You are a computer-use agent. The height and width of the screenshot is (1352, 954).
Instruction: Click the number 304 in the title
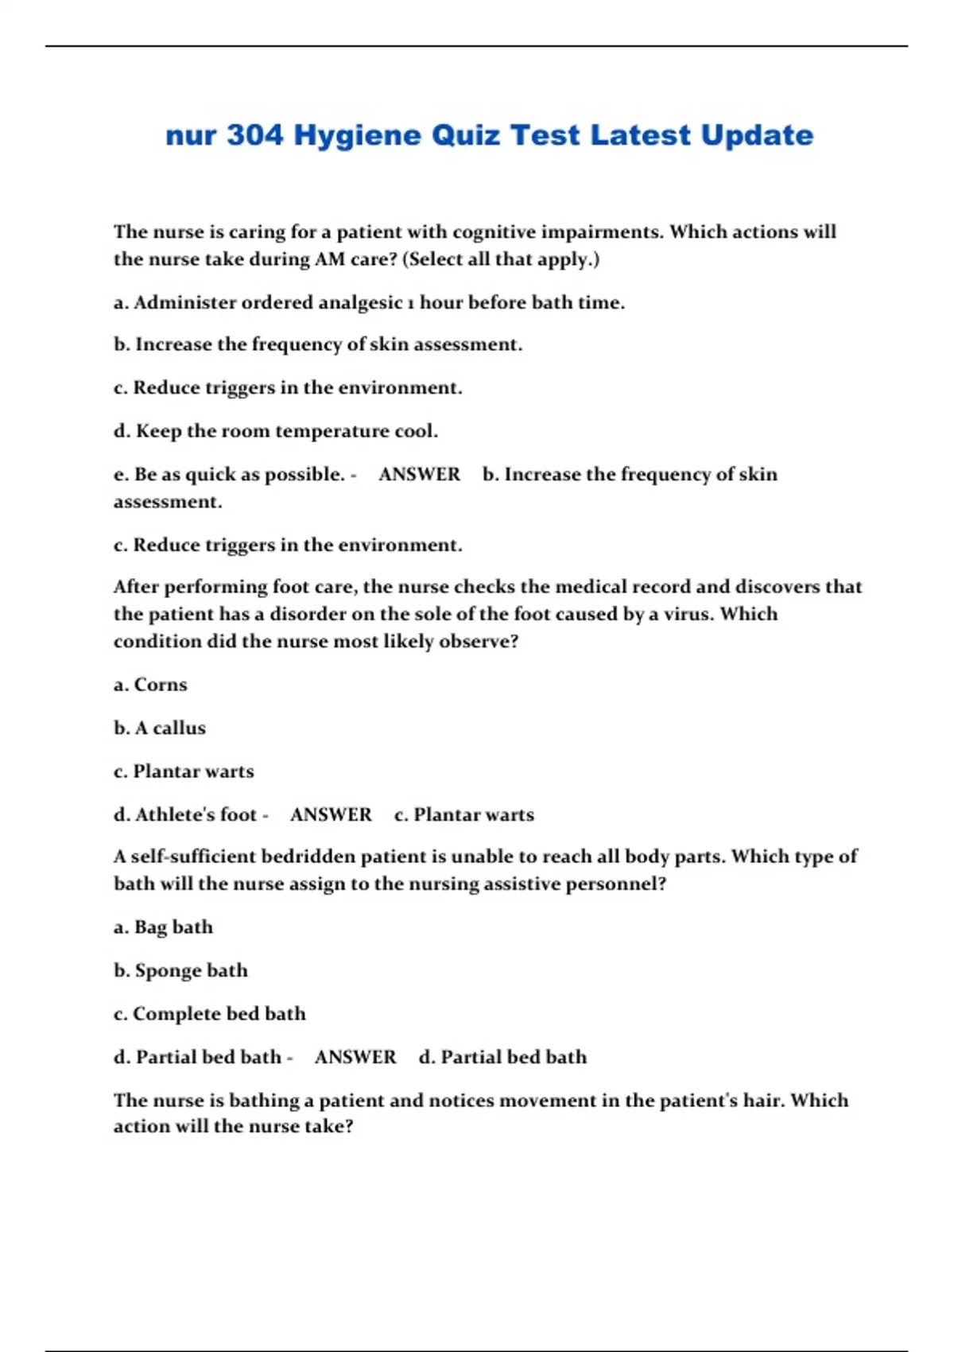pos(254,135)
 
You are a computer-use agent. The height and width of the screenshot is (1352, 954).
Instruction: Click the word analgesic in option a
pos(360,303)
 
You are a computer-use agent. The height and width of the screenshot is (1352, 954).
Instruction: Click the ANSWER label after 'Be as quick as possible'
pos(419,474)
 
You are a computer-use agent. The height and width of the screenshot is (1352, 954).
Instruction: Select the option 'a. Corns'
pos(150,685)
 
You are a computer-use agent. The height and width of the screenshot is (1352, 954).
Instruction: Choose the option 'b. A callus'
pos(159,728)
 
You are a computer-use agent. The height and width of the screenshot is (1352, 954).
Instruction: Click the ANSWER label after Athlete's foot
pos(331,814)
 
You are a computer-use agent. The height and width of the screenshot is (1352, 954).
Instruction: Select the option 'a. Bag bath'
pos(163,927)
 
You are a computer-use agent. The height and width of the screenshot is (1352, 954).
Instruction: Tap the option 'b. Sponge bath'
pos(180,970)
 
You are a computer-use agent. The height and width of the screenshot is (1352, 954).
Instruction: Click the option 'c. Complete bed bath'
pos(209,1014)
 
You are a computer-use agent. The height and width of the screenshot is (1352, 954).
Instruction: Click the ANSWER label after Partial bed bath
pos(355,1057)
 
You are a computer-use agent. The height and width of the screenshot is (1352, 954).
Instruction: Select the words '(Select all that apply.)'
pos(501,259)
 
